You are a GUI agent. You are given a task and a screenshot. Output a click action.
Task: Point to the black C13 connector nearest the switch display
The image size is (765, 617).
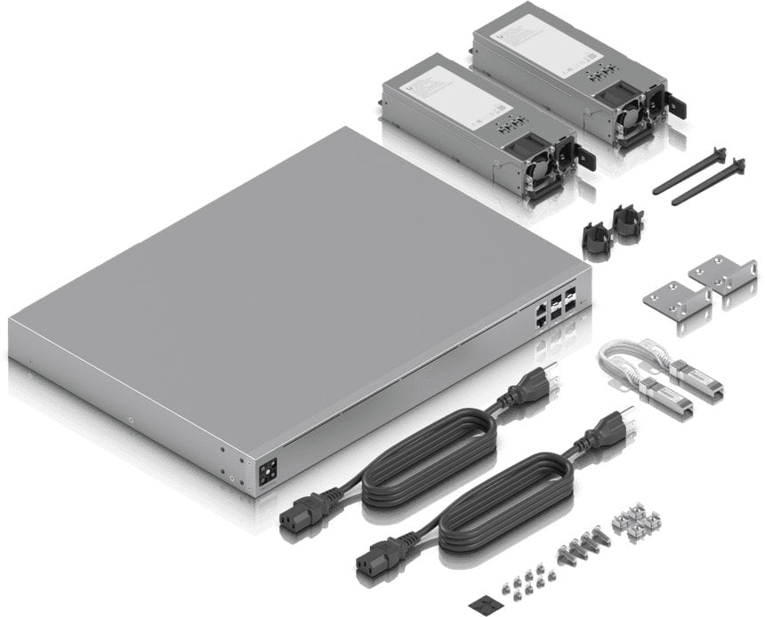(299, 517)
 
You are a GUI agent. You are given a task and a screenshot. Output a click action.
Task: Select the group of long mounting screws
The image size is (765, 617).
(582, 543)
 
